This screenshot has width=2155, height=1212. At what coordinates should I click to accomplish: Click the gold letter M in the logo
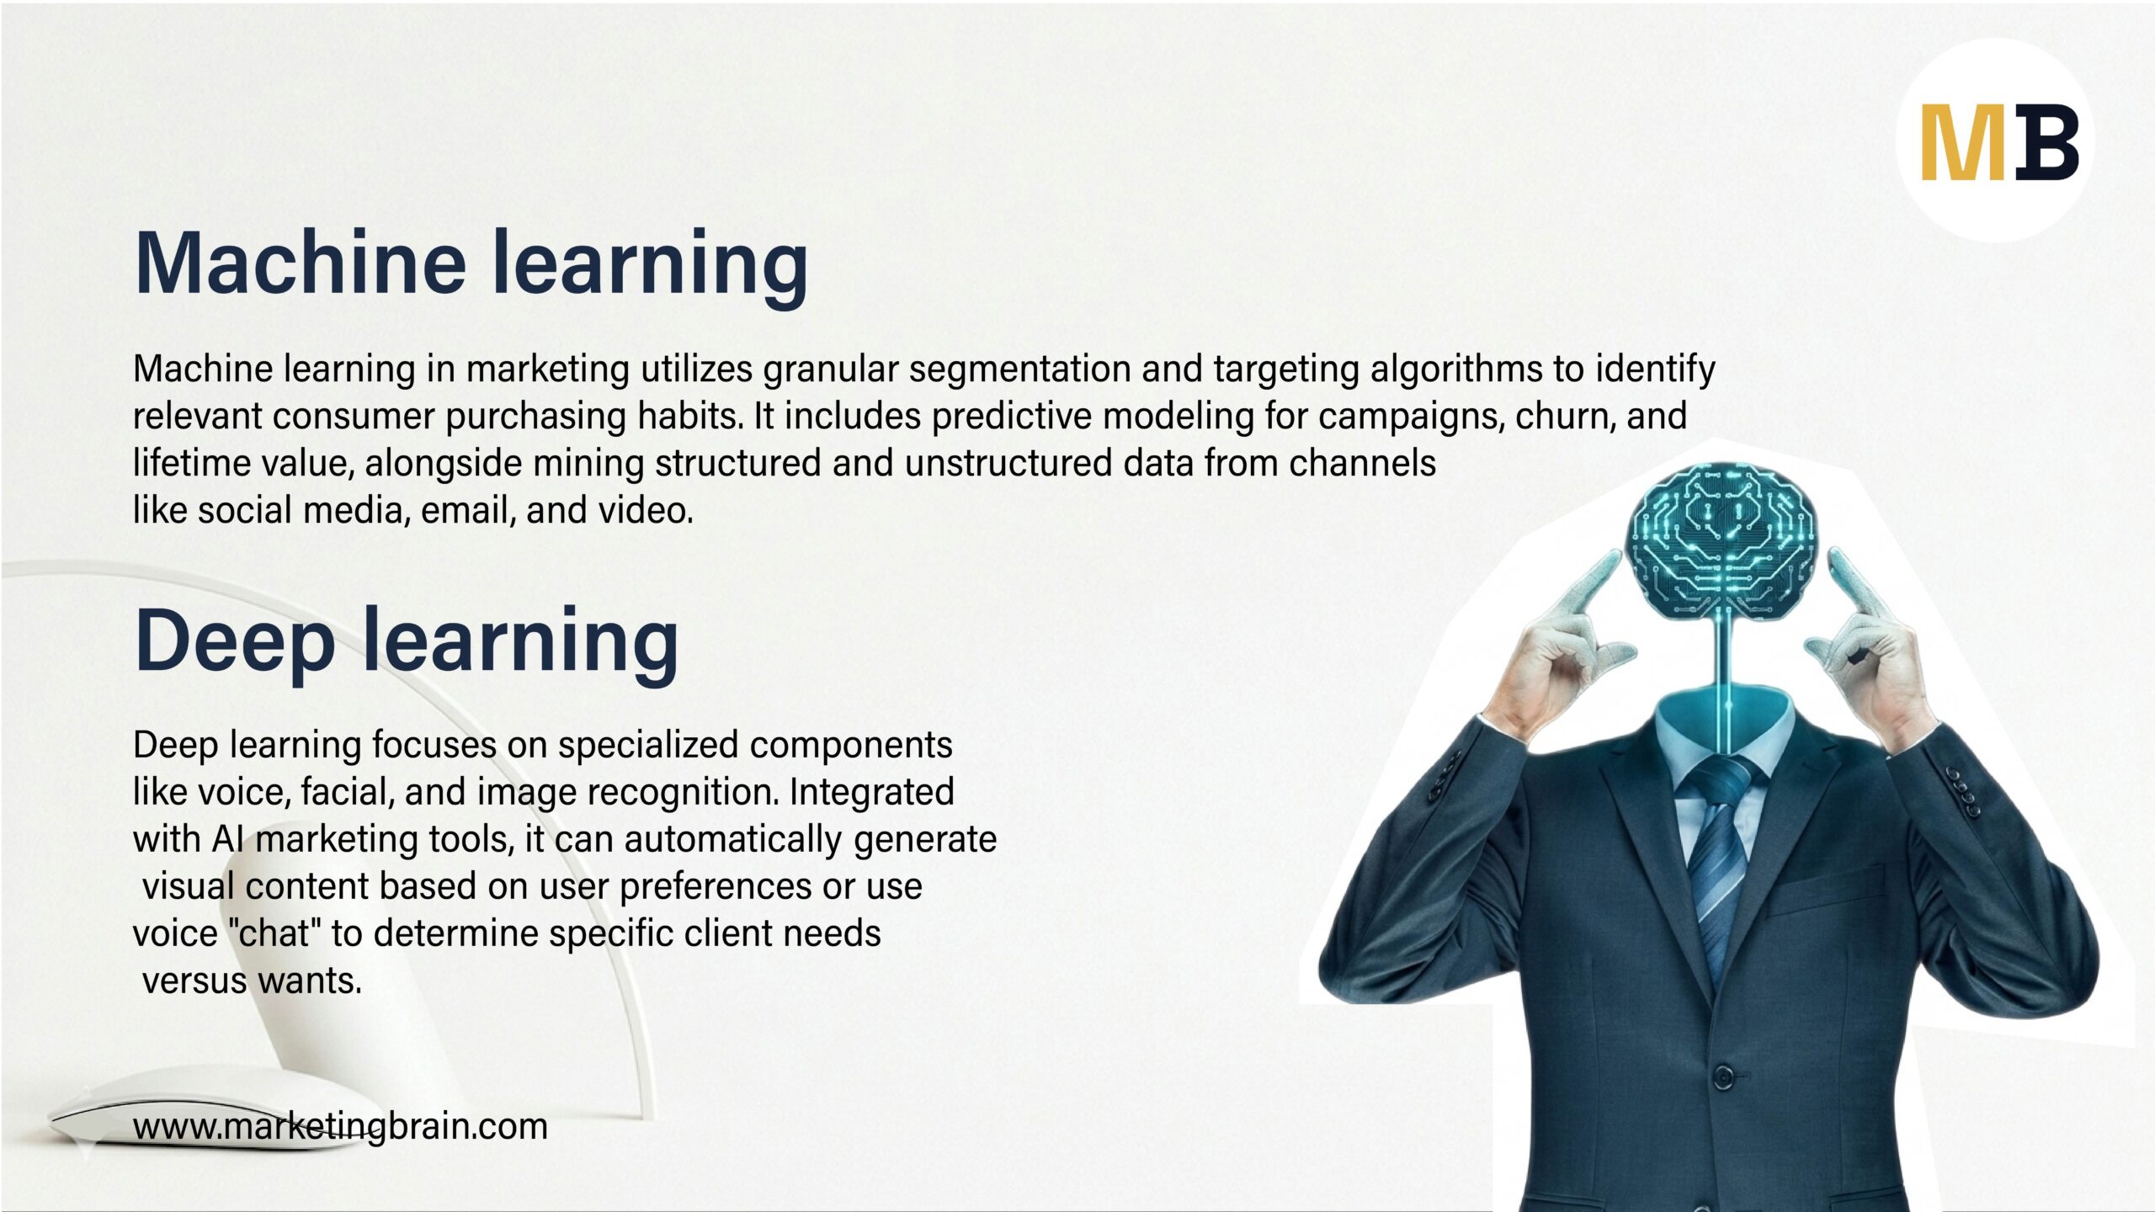click(1964, 142)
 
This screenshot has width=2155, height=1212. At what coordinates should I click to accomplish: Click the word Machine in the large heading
click(300, 263)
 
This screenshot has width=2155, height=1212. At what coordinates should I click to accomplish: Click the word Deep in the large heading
click(234, 642)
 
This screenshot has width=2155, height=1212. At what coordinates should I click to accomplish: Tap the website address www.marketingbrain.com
click(340, 1126)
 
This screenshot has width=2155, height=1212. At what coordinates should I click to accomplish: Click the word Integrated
click(871, 792)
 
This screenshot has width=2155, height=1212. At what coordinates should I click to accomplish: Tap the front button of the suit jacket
click(1723, 1076)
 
